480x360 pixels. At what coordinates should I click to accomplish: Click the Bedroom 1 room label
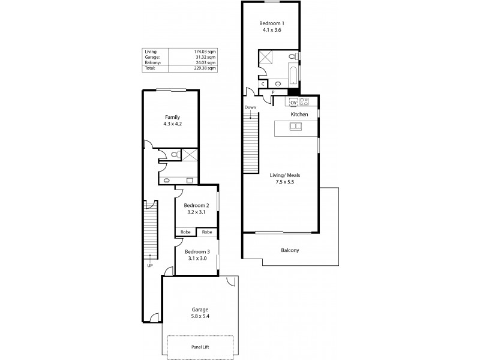[272, 22]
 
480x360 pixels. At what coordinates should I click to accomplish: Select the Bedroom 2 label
[197, 205]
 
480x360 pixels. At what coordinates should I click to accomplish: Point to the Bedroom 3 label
[197, 251]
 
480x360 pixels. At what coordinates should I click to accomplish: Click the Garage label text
[200, 309]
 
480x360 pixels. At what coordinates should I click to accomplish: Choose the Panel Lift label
[200, 347]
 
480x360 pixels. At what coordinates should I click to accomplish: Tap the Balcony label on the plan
[290, 250]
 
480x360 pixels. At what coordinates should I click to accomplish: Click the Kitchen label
[299, 114]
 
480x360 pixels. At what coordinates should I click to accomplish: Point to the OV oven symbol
[294, 101]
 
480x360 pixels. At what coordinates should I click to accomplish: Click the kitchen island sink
[296, 126]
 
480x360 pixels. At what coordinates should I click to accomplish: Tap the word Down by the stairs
[250, 107]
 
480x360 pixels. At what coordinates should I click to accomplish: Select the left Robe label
[184, 232]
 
